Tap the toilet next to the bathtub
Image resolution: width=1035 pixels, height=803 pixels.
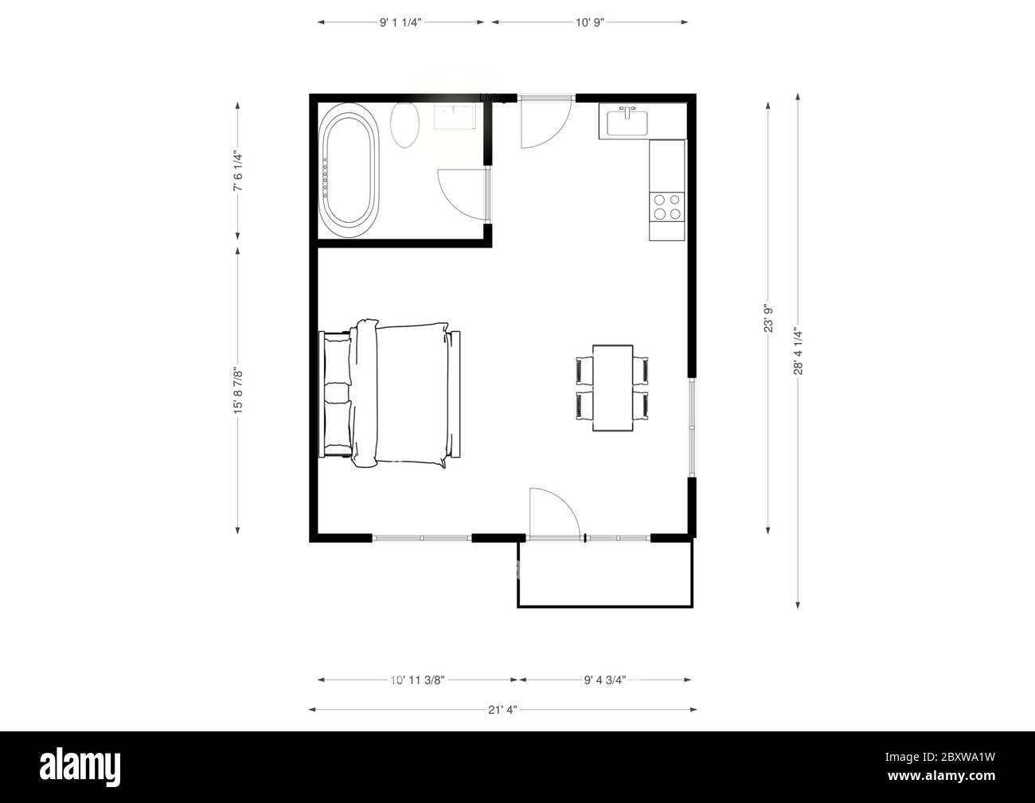405,125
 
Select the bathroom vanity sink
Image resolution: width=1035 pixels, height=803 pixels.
455,116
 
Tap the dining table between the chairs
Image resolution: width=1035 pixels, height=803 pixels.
613,388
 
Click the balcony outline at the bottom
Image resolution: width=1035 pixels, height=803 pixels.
605,606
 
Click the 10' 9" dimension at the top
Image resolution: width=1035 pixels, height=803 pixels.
590,22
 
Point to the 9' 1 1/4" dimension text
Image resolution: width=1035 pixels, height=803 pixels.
400,22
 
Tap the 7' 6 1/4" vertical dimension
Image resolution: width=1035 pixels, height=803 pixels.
237,171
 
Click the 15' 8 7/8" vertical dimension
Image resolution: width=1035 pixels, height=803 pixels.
237,390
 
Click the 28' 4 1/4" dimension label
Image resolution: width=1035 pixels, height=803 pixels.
799,351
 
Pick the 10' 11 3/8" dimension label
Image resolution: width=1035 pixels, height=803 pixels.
416,680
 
